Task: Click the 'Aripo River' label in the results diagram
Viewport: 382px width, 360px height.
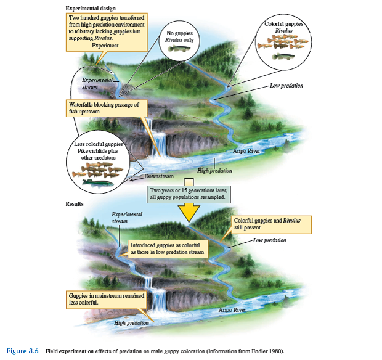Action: point(232,309)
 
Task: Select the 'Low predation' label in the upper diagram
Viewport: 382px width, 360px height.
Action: point(286,86)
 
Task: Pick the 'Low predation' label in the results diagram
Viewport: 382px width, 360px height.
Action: point(269,240)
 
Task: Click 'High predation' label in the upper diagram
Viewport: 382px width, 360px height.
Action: point(214,170)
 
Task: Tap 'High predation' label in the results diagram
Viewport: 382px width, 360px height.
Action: point(131,322)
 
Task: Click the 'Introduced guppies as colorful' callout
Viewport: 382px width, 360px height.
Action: point(168,248)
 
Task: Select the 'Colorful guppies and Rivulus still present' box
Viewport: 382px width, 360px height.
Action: point(272,223)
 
